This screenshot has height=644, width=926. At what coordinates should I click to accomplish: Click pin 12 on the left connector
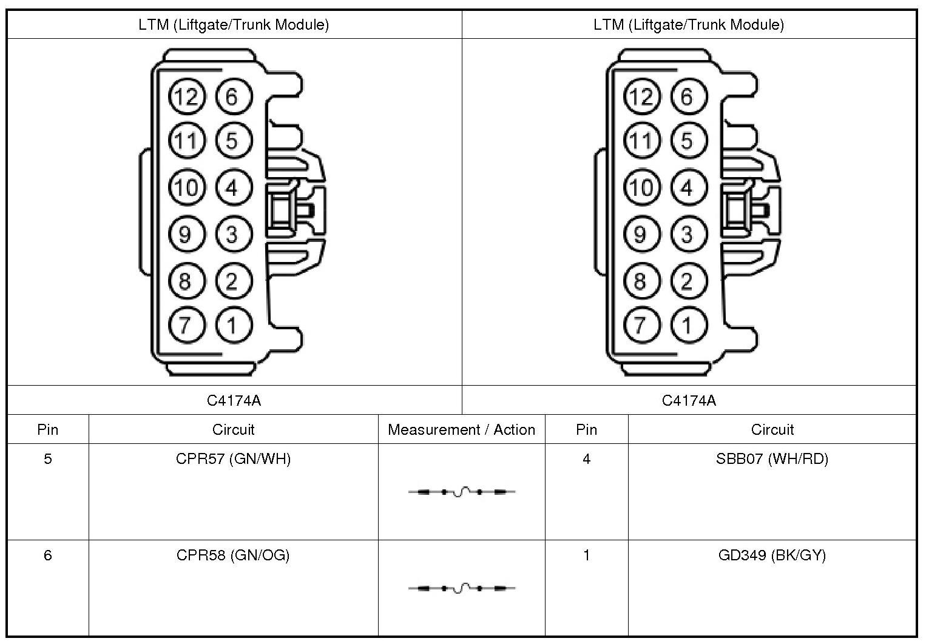click(x=187, y=97)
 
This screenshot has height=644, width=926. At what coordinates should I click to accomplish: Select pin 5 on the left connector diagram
click(x=232, y=141)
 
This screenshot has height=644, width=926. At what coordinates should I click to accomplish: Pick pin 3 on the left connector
click(x=232, y=234)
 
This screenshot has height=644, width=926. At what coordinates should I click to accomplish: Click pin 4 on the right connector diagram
click(x=688, y=187)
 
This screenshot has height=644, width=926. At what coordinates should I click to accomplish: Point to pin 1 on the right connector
click(x=688, y=325)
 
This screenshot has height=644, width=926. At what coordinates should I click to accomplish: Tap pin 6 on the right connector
click(x=688, y=97)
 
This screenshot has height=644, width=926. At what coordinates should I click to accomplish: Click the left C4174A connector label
click(x=234, y=400)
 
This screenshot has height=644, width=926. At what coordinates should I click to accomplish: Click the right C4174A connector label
click(x=689, y=400)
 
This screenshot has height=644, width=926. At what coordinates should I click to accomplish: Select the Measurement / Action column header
click(x=461, y=430)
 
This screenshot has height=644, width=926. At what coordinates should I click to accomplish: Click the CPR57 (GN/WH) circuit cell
click(x=233, y=459)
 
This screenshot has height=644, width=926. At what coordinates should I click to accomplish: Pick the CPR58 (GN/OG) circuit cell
click(x=233, y=555)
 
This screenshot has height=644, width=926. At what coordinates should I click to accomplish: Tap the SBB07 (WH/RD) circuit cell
click(x=772, y=459)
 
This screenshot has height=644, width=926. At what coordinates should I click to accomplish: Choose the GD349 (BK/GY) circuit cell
click(x=772, y=555)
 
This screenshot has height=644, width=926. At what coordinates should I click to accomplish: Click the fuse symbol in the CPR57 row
click(x=462, y=492)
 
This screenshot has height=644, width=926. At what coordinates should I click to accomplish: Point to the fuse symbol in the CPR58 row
click(x=462, y=588)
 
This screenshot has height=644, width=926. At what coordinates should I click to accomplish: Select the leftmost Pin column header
click(x=48, y=430)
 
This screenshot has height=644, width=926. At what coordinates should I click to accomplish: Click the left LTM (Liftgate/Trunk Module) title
click(x=234, y=25)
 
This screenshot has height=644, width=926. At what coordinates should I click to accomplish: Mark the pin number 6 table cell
click(x=48, y=555)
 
